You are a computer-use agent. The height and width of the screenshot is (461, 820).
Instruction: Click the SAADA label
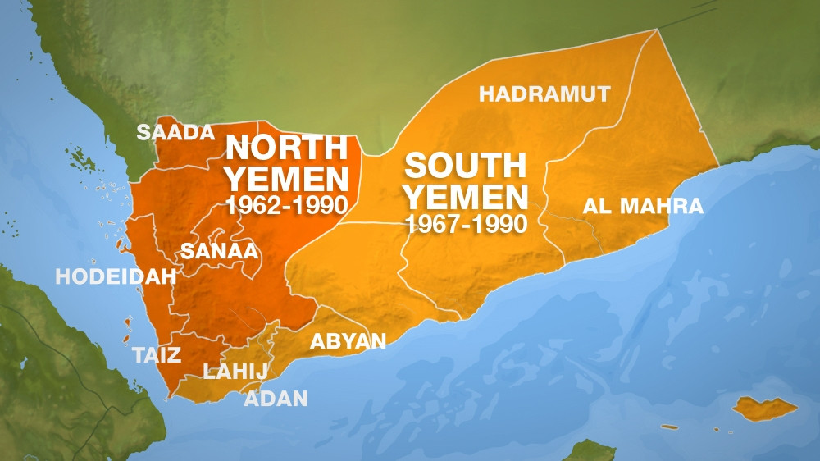click(x=175, y=133)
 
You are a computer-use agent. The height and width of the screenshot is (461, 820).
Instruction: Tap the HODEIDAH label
click(x=116, y=276)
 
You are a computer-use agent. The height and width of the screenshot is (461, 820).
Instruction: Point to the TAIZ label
click(x=157, y=354)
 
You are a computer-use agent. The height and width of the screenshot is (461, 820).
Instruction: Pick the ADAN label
click(x=276, y=399)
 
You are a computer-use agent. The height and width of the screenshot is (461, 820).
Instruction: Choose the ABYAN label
click(x=348, y=341)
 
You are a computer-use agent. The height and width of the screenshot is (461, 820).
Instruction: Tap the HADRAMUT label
click(x=544, y=94)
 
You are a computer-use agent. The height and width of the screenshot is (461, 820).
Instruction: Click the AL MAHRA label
click(x=643, y=206)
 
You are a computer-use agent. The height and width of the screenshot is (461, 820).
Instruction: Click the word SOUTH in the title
click(x=465, y=166)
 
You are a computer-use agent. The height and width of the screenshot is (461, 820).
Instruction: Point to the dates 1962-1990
click(x=287, y=204)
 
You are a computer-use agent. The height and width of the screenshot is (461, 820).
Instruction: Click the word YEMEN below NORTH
click(x=287, y=177)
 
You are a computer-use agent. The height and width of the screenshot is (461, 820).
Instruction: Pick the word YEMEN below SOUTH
click(x=467, y=196)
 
